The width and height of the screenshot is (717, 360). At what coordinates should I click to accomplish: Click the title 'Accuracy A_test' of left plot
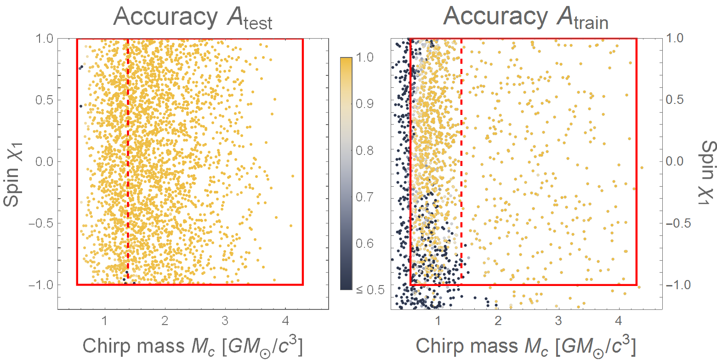click(193, 18)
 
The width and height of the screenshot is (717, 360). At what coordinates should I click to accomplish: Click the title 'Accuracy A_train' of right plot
click(526, 18)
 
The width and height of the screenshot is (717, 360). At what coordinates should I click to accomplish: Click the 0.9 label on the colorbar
click(364, 104)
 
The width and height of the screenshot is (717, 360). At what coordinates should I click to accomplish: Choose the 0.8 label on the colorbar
click(364, 151)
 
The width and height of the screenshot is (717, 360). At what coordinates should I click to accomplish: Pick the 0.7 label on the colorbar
click(364, 197)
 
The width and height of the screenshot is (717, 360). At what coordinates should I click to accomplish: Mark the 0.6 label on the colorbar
click(364, 243)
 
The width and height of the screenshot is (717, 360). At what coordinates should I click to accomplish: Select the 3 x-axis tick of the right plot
click(558, 320)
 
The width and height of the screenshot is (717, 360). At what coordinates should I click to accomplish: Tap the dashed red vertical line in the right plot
click(461, 138)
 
